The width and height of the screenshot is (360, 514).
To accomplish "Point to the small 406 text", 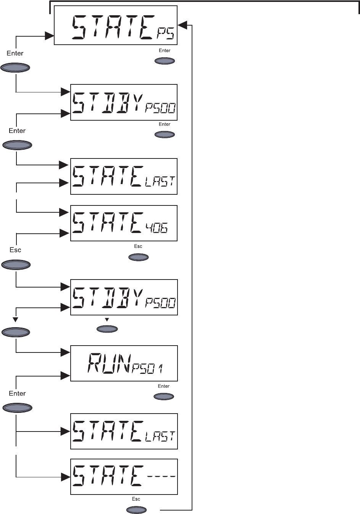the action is (156, 228).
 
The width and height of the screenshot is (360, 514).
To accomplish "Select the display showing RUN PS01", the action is (124, 363).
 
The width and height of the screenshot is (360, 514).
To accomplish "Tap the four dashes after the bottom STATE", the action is (160, 477).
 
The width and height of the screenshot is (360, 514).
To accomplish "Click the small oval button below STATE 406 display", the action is (139, 257).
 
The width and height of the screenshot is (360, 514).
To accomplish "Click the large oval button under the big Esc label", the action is (16, 265).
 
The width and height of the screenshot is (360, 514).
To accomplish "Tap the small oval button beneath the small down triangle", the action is (107, 328).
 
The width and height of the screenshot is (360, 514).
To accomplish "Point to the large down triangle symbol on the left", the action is (15, 319).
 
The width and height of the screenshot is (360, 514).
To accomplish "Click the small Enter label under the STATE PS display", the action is (165, 50).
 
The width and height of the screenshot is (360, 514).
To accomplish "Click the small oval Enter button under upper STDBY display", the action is (165, 134).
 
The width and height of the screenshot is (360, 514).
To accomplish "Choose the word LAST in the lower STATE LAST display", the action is (160, 436).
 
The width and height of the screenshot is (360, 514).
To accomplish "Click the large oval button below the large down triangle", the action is (16, 332).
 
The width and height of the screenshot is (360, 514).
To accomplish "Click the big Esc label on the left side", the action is (15, 250).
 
